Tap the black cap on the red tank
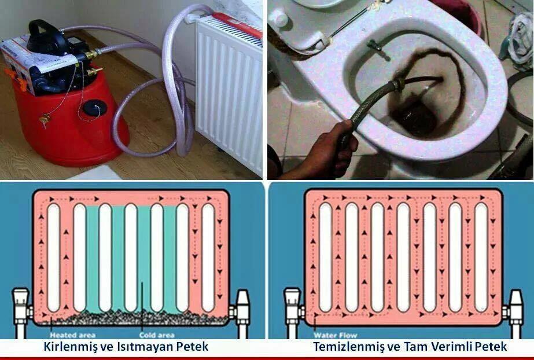(93, 108)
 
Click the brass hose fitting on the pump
(91, 55)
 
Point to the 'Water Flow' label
(335, 335)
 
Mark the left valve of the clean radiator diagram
(293, 307)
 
